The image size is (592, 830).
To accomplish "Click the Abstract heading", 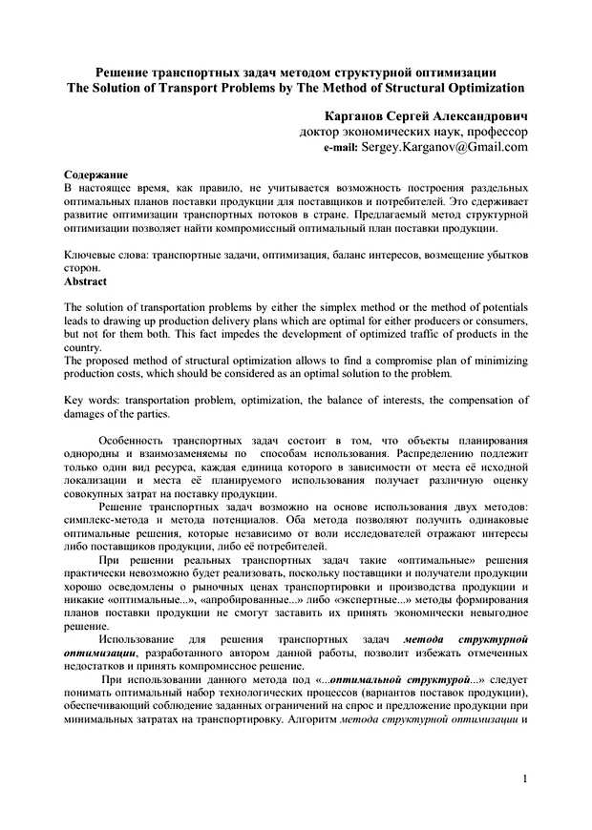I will [85, 282].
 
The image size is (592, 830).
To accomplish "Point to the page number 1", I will [525, 779].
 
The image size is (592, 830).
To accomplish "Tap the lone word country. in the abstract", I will [83, 348].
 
